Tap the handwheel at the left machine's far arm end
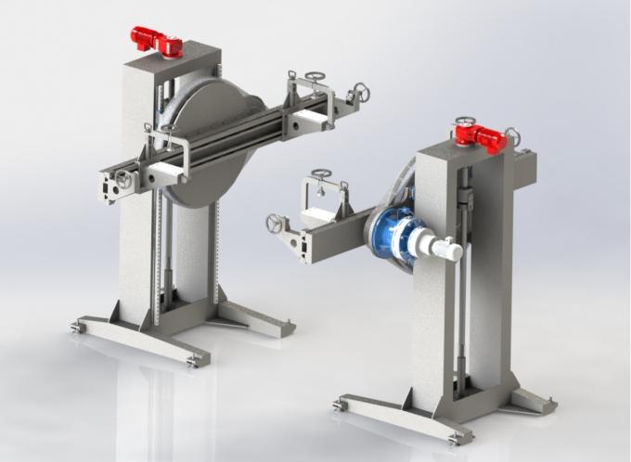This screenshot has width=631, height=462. click(x=362, y=93)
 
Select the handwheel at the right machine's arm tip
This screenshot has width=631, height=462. click(x=275, y=224)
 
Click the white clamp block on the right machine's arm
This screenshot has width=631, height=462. click(x=320, y=215)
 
